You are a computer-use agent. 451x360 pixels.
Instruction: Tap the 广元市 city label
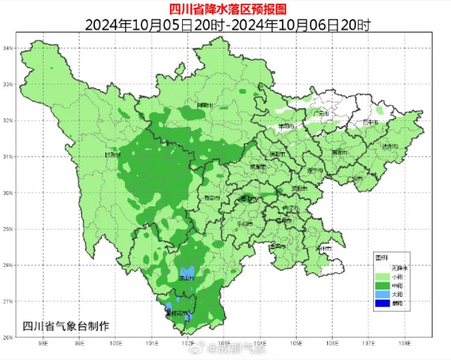[321, 114]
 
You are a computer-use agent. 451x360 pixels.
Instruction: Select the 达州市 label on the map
[390, 146]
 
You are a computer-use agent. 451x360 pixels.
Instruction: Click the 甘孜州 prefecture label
[113, 154]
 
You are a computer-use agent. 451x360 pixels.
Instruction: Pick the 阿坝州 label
[204, 106]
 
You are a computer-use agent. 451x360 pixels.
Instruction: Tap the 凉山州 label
[187, 278]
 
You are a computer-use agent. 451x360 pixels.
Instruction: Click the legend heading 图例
[382, 257]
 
